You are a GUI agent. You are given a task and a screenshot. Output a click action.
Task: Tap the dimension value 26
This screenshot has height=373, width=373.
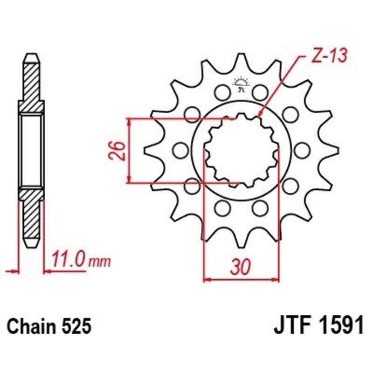(118, 150)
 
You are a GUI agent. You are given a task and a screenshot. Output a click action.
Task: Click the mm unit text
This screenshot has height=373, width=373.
(99, 262)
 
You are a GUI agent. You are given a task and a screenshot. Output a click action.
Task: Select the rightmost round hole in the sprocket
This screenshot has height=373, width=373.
(303, 150)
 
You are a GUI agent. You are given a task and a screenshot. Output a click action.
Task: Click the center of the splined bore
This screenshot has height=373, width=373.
(241, 150)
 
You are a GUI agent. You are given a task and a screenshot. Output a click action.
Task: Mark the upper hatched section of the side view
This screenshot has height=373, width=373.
(31, 84)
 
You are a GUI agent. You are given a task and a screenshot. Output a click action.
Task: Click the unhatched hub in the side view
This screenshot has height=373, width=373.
(31, 150)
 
